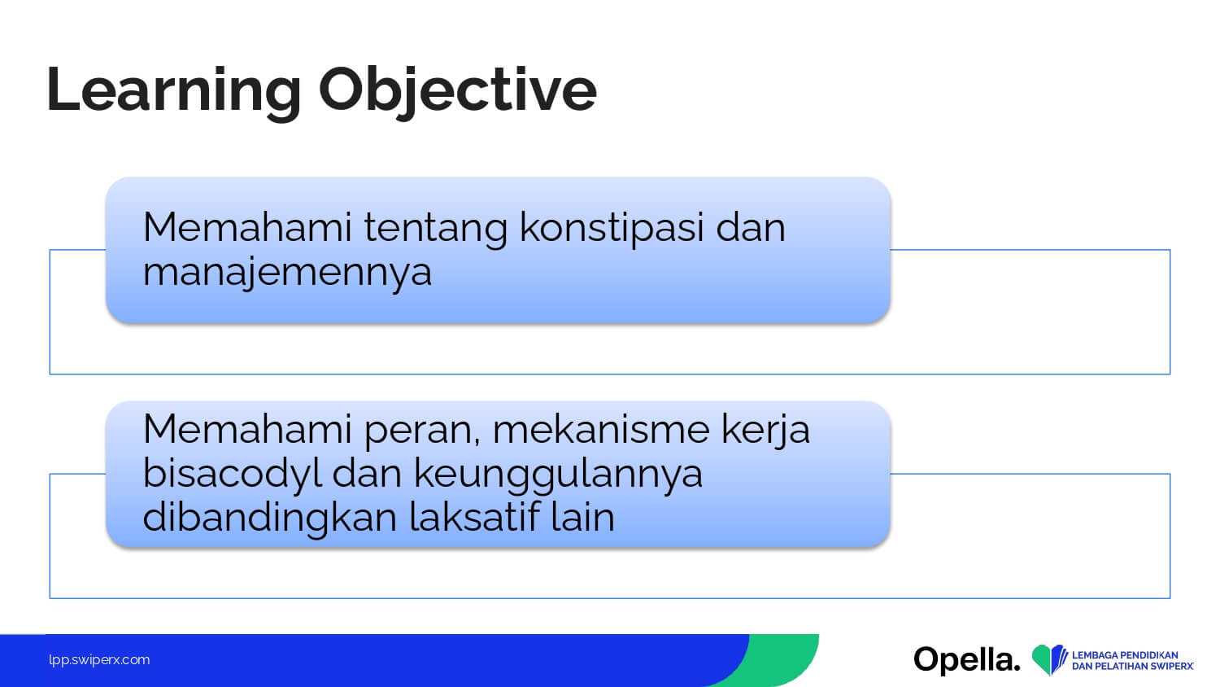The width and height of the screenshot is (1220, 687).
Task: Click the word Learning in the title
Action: pos(174,92)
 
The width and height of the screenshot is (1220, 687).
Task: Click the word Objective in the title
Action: pos(457,92)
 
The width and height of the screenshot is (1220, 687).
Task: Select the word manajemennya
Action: pos(287,273)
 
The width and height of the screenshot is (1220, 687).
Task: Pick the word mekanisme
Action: pos(601,430)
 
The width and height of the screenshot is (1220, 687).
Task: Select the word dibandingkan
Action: pos(269,518)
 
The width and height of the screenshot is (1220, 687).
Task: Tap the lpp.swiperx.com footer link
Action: pos(99,660)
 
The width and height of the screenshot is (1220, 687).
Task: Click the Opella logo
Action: pos(967,660)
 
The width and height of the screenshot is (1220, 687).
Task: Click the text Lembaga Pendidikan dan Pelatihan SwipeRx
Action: pos(1133,660)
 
